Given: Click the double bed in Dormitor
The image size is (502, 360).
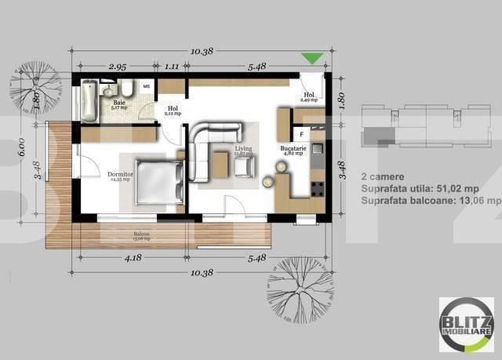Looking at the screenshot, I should point(161,182).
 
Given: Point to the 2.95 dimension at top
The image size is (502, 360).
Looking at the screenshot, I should point(118,67).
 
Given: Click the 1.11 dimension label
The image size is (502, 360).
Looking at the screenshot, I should point(173,67).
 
